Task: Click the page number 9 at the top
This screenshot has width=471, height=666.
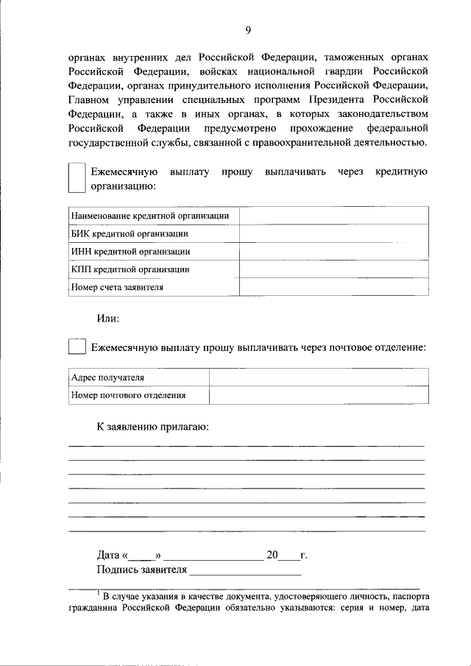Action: [248, 30]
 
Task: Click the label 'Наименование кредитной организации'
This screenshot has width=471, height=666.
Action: [149, 216]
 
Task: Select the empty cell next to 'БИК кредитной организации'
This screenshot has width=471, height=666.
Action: [333, 233]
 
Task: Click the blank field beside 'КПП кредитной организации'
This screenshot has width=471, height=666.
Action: [333, 269]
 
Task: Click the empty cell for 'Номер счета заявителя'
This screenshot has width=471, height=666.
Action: [333, 288]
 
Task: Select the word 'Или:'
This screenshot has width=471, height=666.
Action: [108, 319]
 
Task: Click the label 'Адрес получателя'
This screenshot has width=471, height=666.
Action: [107, 378]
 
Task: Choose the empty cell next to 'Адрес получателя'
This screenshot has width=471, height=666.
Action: [318, 378]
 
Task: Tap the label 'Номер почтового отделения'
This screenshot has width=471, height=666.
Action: [128, 395]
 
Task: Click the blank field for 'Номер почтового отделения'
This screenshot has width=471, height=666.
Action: [318, 395]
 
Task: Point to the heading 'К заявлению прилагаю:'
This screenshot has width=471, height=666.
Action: [152, 427]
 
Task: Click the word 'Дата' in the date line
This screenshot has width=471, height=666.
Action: [108, 555]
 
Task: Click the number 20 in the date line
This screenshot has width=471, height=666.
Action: [272, 555]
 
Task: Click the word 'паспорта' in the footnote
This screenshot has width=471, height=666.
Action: [411, 596]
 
